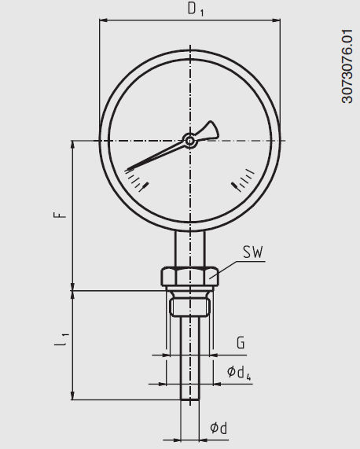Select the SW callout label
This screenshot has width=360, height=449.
pos(252,252)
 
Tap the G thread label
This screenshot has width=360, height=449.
pos(241,343)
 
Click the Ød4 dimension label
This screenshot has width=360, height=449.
pos(239,372)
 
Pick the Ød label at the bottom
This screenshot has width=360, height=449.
pos(219,428)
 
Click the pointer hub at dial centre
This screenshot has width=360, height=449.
pos(189,141)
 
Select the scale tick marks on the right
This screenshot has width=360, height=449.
pos(243,180)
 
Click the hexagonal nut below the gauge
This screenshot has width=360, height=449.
pos(189,277)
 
